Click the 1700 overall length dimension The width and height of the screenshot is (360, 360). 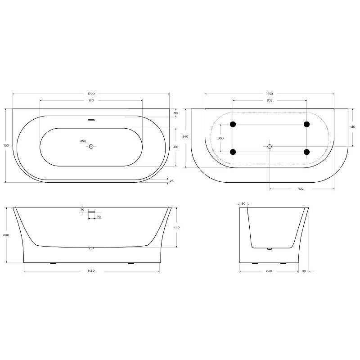(x=91, y=94)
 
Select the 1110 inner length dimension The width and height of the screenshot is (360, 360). (x=91, y=100)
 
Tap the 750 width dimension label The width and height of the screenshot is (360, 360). (x=6, y=145)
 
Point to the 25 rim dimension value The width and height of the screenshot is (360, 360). (x=171, y=181)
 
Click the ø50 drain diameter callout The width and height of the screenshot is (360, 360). (x=83, y=141)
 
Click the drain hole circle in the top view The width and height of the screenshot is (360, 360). (x=91, y=146)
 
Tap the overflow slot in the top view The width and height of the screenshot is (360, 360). (x=91, y=120)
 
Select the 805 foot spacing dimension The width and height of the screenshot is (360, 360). (x=270, y=100)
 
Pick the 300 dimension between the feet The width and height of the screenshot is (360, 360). (x=220, y=138)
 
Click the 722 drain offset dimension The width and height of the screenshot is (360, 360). (x=301, y=189)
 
